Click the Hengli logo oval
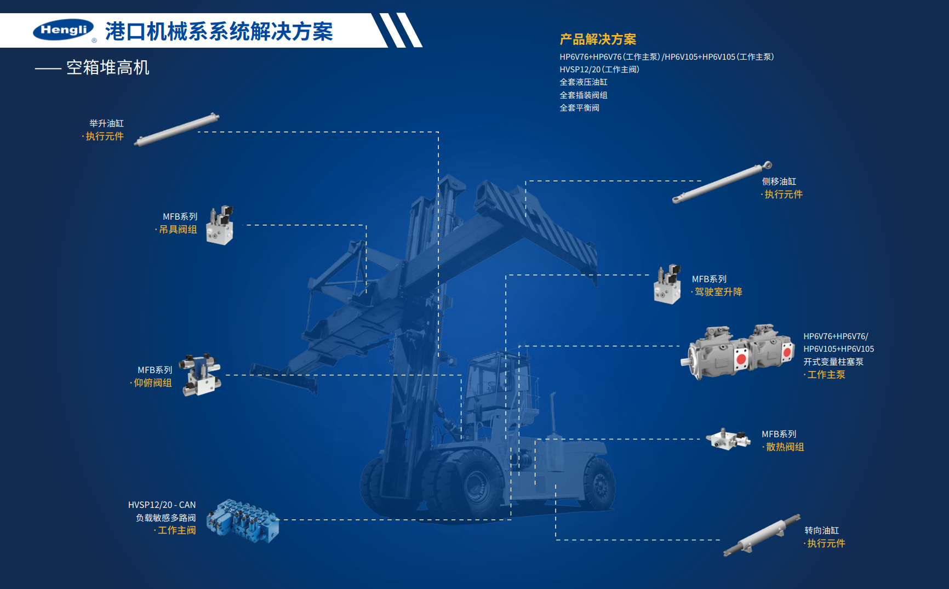tap(63, 30)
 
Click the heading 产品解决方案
tap(598, 39)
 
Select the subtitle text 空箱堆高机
tap(107, 67)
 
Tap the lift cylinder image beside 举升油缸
tap(176, 129)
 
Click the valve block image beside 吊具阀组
tap(220, 225)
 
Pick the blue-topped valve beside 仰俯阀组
tap(202, 374)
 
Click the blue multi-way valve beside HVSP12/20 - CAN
tap(243, 521)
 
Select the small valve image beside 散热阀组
tap(728, 439)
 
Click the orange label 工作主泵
tap(826, 375)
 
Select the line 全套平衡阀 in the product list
tap(579, 108)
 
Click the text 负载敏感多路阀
tap(165, 518)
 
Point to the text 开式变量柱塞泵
tap(833, 362)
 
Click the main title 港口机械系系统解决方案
tap(219, 31)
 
